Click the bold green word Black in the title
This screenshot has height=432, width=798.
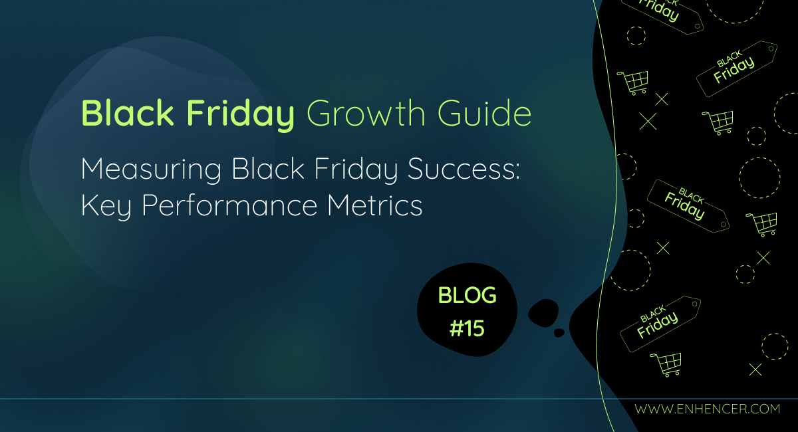point(127,113)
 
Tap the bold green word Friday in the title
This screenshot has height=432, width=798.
point(241,115)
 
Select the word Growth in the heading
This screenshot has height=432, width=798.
point(366,113)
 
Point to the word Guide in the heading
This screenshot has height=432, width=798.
point(485,113)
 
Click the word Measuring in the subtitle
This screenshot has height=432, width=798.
point(151,170)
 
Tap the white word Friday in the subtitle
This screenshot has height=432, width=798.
point(356,170)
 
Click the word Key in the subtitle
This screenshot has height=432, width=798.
point(106,206)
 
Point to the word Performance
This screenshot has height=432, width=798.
point(229,206)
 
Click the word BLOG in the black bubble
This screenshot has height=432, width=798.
point(467,295)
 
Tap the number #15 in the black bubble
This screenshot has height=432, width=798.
point(467,328)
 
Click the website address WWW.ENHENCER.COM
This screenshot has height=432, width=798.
point(707,409)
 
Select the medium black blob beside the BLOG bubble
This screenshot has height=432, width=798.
point(543,313)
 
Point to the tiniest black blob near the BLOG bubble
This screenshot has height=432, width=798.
point(559,332)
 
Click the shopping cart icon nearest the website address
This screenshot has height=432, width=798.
point(666,364)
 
